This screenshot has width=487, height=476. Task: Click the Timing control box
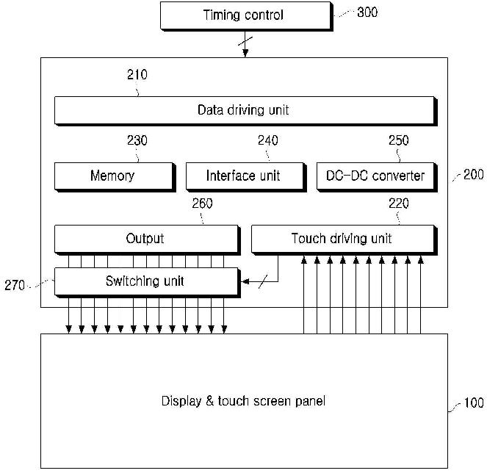pos(243,15)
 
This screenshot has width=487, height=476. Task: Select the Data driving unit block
pos(243,110)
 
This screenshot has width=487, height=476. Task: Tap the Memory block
pos(112,176)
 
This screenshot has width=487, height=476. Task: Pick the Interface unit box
pos(243,176)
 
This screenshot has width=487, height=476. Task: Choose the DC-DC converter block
pos(375,176)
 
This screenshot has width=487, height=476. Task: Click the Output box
pos(145,239)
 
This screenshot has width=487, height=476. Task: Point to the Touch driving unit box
pos(342,239)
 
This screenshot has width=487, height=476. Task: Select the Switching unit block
pos(145,281)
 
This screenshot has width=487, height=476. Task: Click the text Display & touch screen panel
pos(243,401)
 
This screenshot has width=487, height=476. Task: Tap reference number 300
pos(367,12)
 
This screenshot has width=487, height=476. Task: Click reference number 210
pos(137,74)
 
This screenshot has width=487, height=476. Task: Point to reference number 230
pos(137,140)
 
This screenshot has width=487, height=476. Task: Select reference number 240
pos(267,140)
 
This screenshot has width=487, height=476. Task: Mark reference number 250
pos(398,140)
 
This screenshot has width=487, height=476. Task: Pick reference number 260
pos(202,203)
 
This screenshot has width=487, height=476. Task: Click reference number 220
pos(398,203)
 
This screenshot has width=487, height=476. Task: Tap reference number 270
pos(15,285)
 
